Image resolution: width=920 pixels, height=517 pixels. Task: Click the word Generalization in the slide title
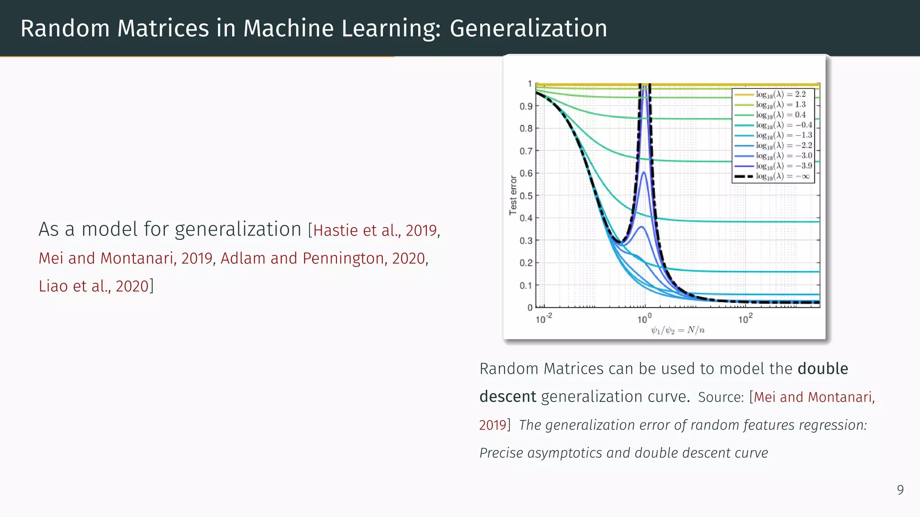528,29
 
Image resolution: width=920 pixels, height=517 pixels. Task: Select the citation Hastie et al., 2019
375,230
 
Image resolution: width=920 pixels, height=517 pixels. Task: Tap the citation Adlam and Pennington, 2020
323,258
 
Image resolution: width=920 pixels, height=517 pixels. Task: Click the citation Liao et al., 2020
93,286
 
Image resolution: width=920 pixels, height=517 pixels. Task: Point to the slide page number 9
900,490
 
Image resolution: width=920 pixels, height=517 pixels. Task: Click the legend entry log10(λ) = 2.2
781,94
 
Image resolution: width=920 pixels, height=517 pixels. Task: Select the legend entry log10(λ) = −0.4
783,125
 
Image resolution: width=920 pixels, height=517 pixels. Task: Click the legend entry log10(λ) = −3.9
783,166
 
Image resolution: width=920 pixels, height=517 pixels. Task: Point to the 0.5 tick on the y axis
526,196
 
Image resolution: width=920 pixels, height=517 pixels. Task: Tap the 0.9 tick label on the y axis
526,107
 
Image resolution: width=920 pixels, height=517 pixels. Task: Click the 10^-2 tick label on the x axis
544,319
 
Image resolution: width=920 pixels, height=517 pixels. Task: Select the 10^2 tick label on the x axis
745,319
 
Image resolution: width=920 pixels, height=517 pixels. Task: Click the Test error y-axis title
513,195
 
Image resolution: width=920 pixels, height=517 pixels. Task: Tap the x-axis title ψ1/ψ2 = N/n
677,331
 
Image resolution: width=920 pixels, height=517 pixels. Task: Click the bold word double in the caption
823,369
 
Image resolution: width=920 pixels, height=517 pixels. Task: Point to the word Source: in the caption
721,397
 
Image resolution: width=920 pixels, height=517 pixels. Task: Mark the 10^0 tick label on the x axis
644,319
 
